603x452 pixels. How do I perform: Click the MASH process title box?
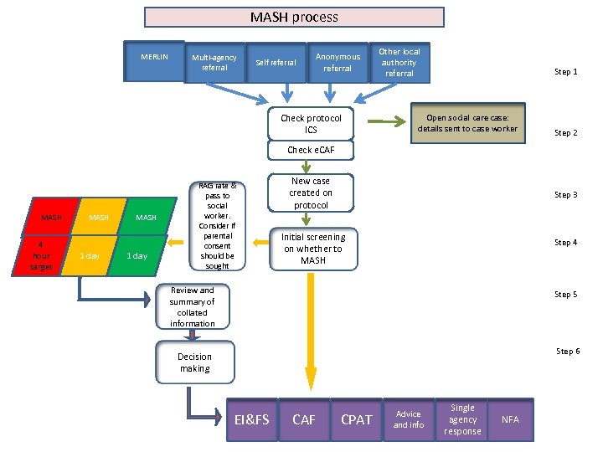pyautogui.click(x=294, y=18)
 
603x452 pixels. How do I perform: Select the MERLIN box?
pyautogui.click(x=154, y=61)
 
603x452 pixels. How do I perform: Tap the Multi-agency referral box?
pyautogui.click(x=214, y=63)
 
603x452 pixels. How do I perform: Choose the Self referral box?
pyautogui.click(x=276, y=63)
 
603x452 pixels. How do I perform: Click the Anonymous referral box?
pyautogui.click(x=338, y=63)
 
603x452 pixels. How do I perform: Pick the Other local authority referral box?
pyautogui.click(x=399, y=63)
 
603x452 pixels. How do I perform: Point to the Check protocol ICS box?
pyautogui.click(x=311, y=124)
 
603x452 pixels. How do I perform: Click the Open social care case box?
pyautogui.click(x=467, y=124)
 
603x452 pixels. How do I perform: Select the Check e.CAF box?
pyautogui.click(x=311, y=151)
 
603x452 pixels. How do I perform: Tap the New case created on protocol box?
pyautogui.click(x=311, y=193)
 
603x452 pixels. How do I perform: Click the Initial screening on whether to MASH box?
pyautogui.click(x=312, y=249)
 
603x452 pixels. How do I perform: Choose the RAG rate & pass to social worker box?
pyautogui.click(x=217, y=226)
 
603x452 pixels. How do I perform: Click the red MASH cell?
pyautogui.click(x=52, y=218)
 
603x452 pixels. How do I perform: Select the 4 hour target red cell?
pyautogui.click(x=41, y=256)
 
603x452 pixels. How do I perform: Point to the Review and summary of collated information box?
pyautogui.click(x=193, y=306)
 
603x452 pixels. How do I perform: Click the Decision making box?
pyautogui.click(x=194, y=362)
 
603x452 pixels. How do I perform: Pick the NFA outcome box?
pyautogui.click(x=510, y=419)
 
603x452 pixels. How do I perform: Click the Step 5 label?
pyautogui.click(x=566, y=295)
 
